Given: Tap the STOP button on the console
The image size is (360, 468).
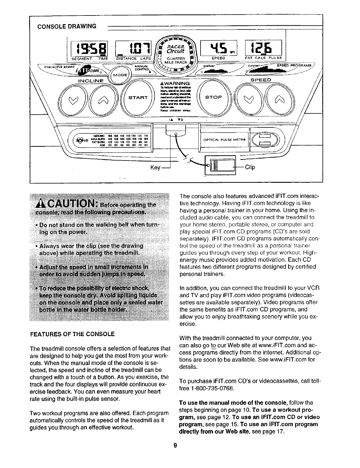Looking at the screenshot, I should [213, 97].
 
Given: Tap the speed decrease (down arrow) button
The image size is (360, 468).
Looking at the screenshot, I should [250, 98].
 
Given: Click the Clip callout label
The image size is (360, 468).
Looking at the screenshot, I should [250, 167].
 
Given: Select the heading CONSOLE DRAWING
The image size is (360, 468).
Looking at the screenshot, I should [67, 26].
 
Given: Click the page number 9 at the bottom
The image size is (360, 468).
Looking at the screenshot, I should [175, 445].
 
